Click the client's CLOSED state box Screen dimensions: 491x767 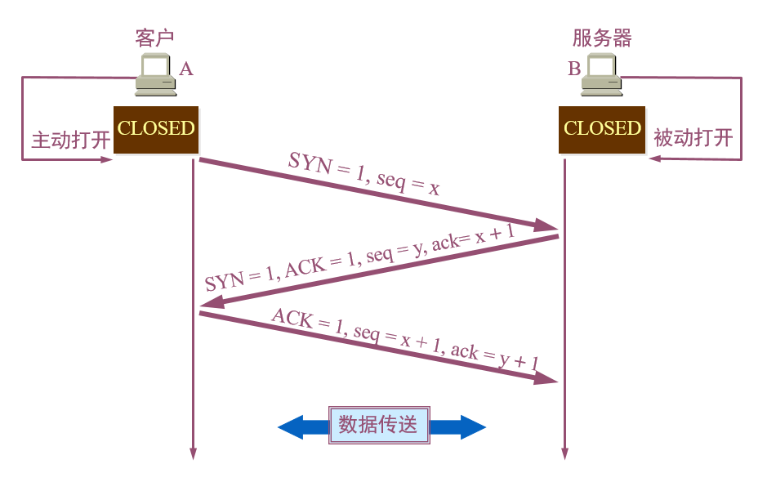(156, 129)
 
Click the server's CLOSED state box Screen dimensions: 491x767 (602, 129)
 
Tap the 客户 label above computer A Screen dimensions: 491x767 (154, 38)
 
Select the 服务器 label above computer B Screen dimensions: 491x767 (602, 38)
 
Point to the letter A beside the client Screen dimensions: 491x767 (186, 69)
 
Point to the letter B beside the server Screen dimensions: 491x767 (574, 69)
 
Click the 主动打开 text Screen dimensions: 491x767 (70, 139)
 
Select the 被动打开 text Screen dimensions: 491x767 (693, 138)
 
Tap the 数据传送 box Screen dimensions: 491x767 (378, 425)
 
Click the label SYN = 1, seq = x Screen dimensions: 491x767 (364, 174)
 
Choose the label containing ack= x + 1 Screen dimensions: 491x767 (359, 258)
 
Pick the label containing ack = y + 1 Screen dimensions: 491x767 (406, 344)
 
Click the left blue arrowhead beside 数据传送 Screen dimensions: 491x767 (291, 426)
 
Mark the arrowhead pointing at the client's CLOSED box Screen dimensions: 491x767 (106, 159)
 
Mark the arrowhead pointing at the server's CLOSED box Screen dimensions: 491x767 (653, 159)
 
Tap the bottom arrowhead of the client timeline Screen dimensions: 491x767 (194, 453)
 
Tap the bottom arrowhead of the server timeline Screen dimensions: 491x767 (564, 453)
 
